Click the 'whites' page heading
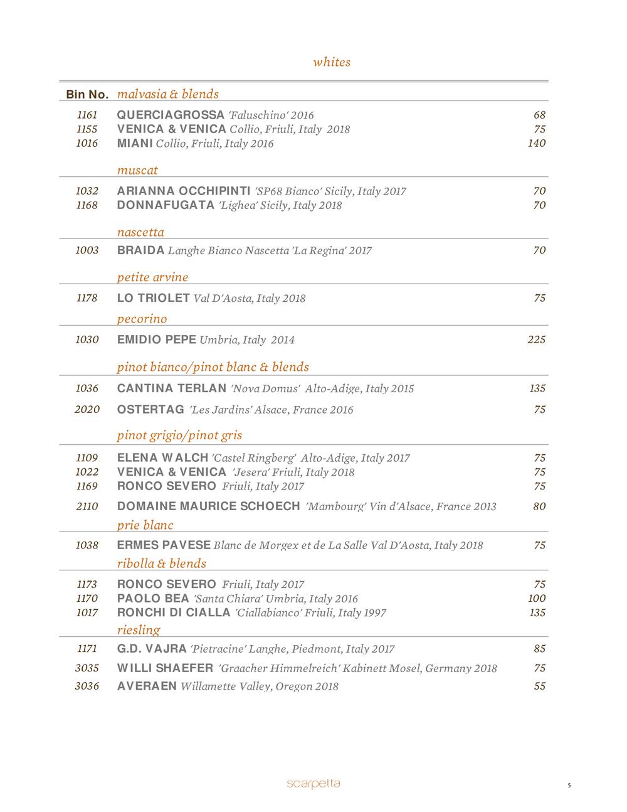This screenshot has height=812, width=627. tap(332, 62)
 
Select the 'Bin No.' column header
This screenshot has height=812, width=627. tap(87, 95)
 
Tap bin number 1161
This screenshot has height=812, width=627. tap(87, 115)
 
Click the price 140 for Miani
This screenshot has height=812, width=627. tap(537, 143)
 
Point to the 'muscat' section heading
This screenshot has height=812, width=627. tap(137, 170)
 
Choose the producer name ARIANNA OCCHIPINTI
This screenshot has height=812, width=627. tap(184, 191)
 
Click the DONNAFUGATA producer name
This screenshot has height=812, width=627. tap(166, 205)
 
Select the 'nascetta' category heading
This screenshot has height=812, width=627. tap(140, 232)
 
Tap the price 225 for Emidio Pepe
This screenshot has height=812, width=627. tap(537, 339)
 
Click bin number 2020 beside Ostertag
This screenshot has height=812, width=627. tap(87, 410)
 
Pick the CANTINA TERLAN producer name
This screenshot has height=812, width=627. tap(172, 388)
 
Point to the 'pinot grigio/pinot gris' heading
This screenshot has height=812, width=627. tap(179, 435)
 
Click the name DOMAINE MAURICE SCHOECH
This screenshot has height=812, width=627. tap(209, 506)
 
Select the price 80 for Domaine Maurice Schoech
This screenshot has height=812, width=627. tap(539, 506)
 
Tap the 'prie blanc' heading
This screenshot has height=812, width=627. tap(145, 525)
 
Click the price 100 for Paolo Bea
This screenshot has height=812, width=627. tap(537, 599)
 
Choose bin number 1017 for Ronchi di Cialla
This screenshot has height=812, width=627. tap(87, 612)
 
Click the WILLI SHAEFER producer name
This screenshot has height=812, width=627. tap(165, 668)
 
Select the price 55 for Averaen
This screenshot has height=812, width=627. tap(539, 686)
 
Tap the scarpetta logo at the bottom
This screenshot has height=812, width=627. tap(313, 783)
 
